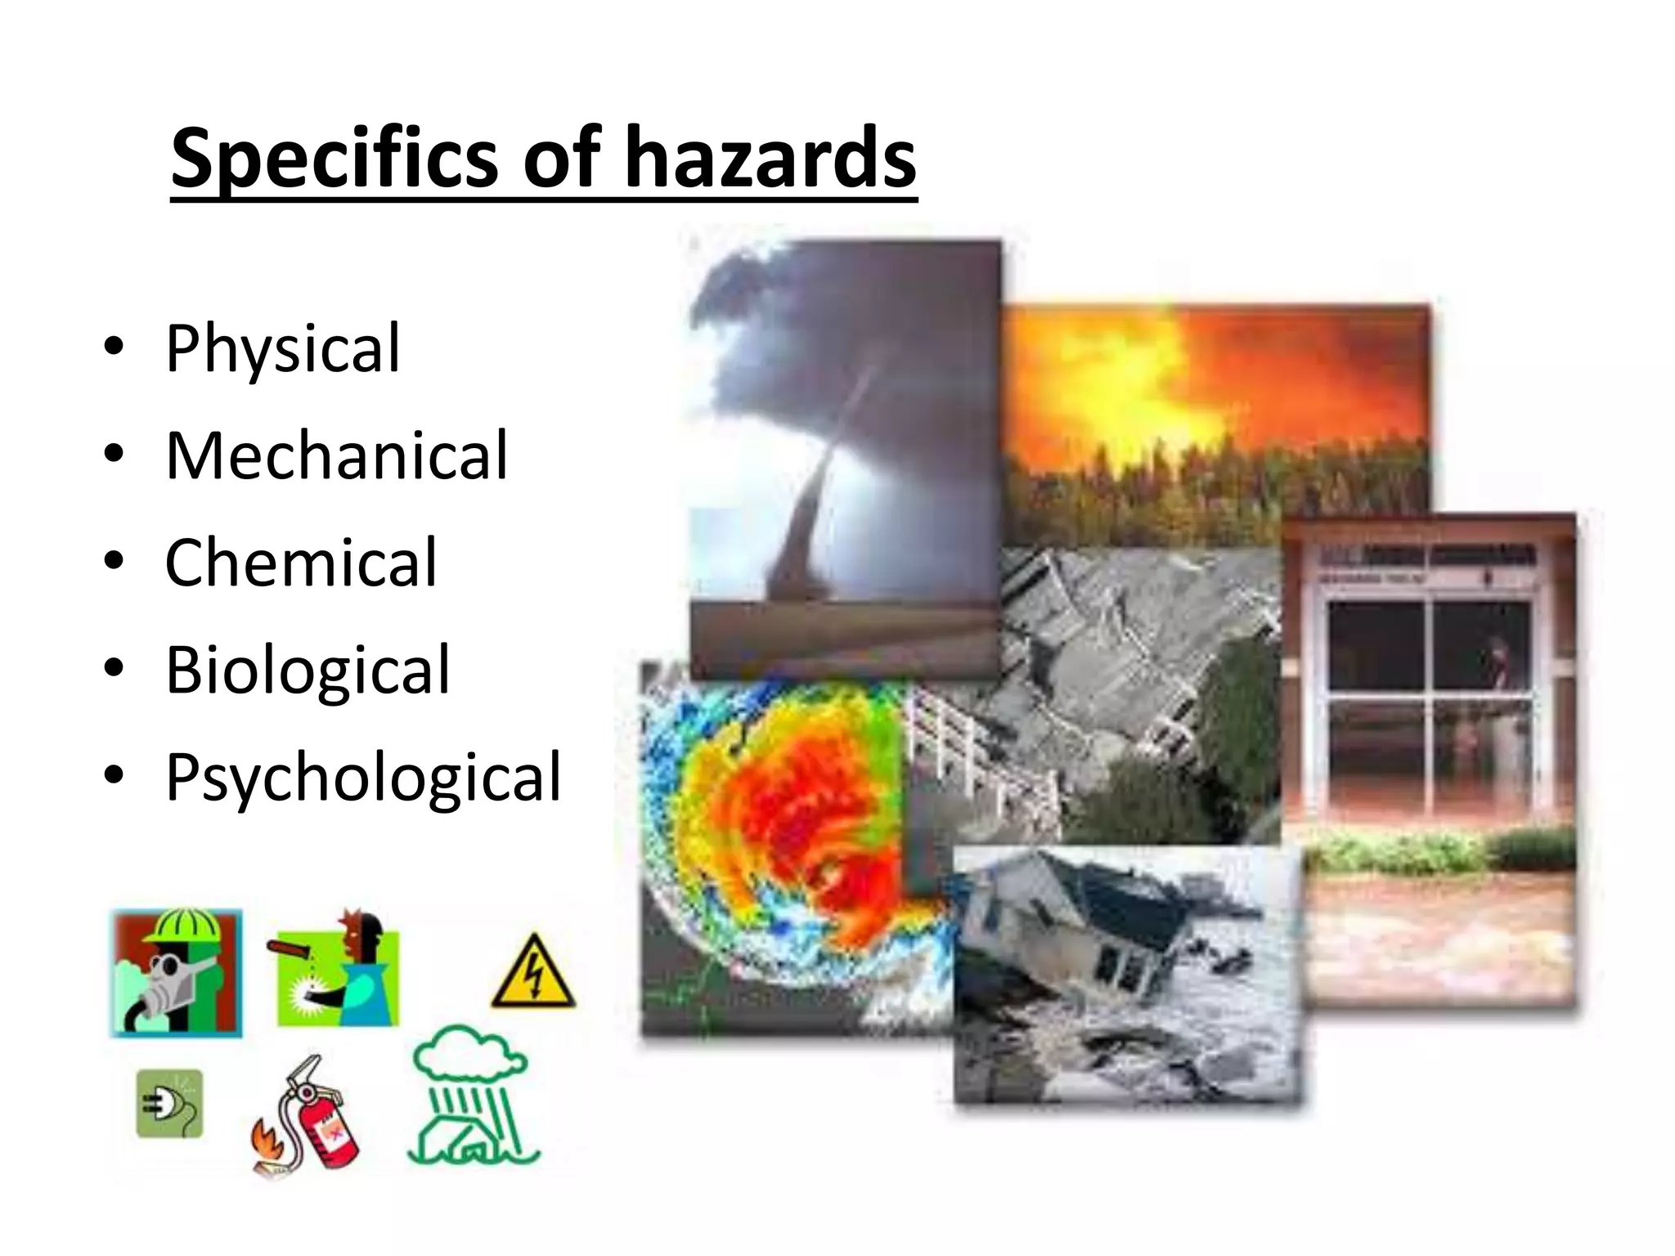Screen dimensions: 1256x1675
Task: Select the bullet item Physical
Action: coord(283,348)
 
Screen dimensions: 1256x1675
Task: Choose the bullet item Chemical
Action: coord(301,563)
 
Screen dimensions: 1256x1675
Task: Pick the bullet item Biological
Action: coord(308,670)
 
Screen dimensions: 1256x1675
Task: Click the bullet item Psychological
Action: coord(363,777)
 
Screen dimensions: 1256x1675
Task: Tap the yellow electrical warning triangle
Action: coord(533,973)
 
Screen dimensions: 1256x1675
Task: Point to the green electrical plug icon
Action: coord(169,1104)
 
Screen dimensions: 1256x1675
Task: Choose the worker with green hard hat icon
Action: coord(177,973)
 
